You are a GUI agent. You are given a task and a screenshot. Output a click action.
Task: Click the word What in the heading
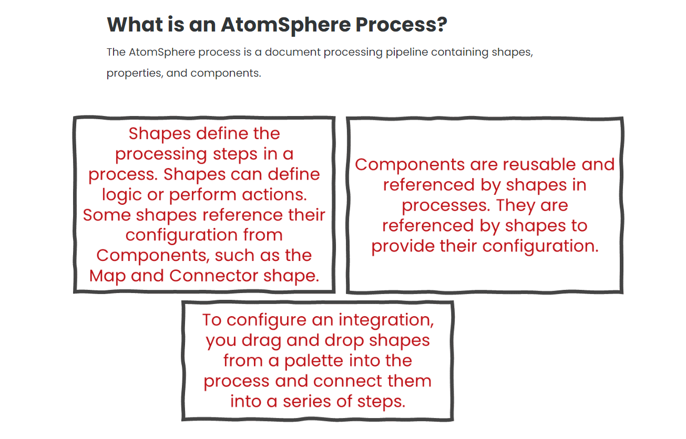pos(135,24)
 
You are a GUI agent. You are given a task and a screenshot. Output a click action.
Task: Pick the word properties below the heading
pos(135,74)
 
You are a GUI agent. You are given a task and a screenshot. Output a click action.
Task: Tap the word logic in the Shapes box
pos(121,195)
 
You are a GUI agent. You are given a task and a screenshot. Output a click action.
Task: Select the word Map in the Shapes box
pos(107,276)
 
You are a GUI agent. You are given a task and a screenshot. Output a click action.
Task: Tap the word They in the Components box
pos(515,205)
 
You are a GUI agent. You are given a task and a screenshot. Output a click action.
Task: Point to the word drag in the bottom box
pos(261,341)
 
